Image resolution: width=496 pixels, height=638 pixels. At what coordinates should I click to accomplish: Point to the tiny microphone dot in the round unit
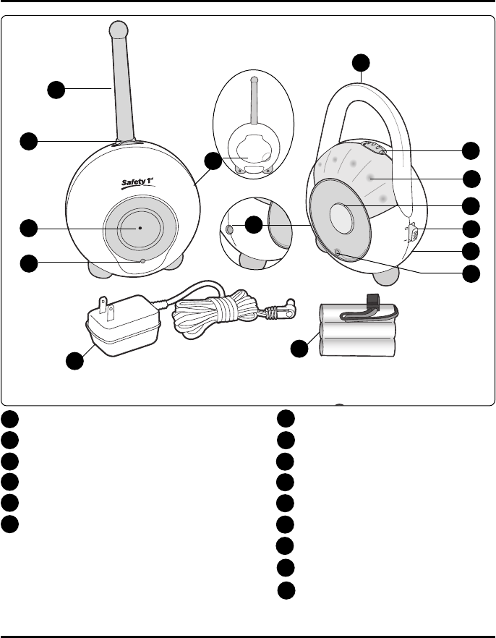pyautogui.click(x=140, y=227)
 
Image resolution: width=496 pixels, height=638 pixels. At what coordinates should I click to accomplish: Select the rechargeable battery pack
pyautogui.click(x=357, y=331)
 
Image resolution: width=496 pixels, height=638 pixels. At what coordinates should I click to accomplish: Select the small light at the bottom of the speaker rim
pyautogui.click(x=340, y=252)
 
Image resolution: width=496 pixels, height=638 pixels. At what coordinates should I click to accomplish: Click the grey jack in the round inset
pyautogui.click(x=231, y=229)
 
